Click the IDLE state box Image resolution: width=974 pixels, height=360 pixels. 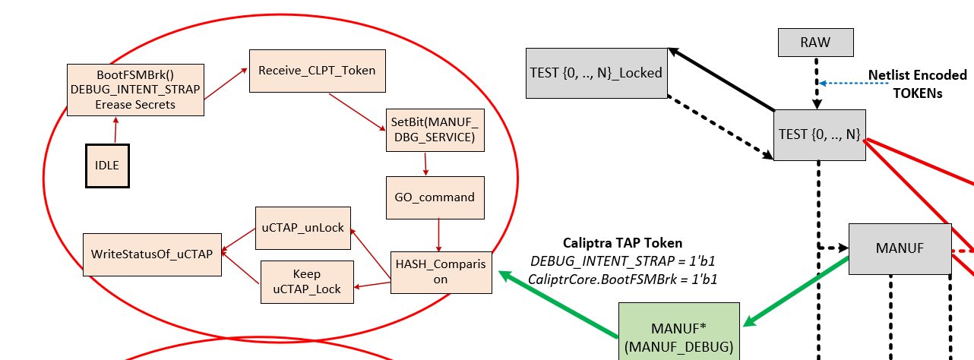tap(107, 165)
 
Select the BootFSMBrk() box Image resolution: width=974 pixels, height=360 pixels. tap(135, 90)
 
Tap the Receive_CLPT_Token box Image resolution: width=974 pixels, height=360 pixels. tap(317, 71)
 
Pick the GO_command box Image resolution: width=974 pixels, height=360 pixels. tap(435, 197)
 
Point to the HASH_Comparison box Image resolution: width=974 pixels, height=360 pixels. tap(441, 272)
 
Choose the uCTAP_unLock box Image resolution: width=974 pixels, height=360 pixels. tap(302, 227)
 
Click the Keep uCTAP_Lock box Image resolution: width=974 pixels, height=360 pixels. tap(307, 282)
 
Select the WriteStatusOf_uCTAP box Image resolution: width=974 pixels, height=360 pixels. tap(152, 254)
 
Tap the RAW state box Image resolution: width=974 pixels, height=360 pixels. tap(815, 43)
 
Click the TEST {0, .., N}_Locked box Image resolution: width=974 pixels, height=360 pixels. tap(596, 73)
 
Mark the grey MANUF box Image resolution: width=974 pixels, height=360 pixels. tap(900, 248)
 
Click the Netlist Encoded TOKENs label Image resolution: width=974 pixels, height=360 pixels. tap(917, 84)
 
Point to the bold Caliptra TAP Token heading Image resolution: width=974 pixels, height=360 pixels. tap(622, 243)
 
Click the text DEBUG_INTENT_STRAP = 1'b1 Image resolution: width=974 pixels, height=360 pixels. tap(623, 261)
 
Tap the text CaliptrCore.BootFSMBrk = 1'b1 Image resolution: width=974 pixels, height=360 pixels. tap(623, 279)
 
